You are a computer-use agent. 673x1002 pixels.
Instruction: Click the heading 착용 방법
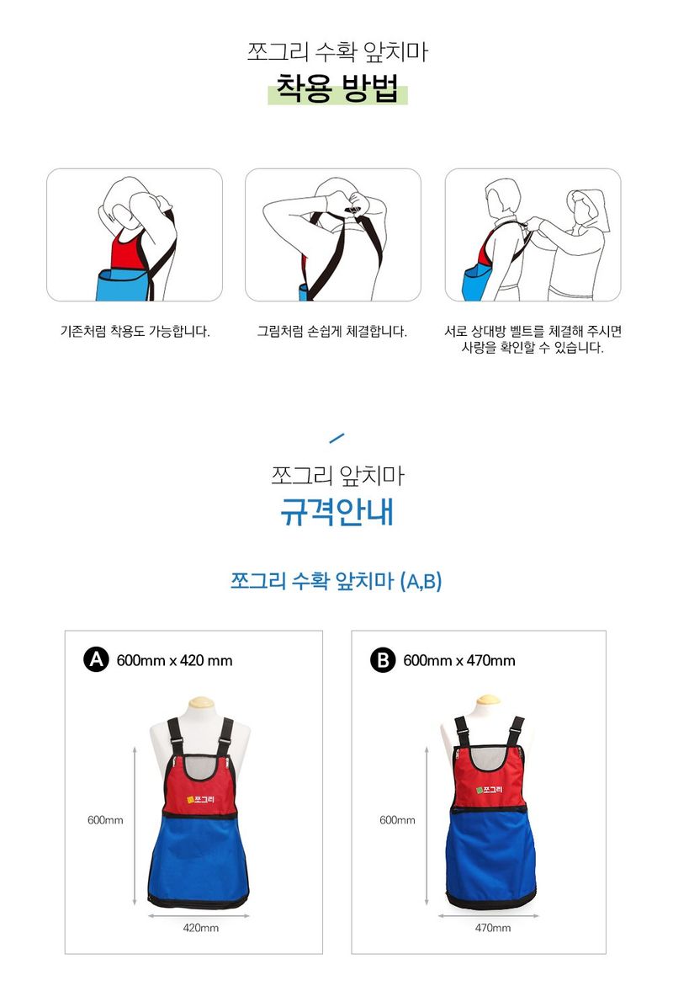(x=337, y=88)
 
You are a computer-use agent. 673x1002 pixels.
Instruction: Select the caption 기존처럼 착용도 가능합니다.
(x=135, y=331)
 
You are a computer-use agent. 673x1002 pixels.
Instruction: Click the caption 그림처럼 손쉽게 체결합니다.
(x=332, y=331)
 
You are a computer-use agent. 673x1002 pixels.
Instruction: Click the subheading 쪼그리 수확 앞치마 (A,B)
(x=336, y=581)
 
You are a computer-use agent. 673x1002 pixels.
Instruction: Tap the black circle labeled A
(x=97, y=660)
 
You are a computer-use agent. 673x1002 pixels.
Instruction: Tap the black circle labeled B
(x=383, y=660)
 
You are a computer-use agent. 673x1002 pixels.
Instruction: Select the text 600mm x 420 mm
(x=174, y=661)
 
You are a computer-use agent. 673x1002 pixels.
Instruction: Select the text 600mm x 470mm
(x=459, y=661)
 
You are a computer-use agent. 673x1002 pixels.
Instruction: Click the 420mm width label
(x=200, y=928)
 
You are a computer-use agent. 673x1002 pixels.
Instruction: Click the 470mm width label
(x=492, y=928)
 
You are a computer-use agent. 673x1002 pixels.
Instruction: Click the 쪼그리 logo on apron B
(x=489, y=790)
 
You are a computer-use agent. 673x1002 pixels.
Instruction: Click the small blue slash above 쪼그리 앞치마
(x=336, y=438)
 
